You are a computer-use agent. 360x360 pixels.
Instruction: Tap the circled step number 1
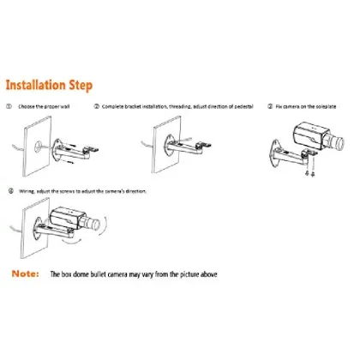9,108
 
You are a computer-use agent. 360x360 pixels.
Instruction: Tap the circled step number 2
97,108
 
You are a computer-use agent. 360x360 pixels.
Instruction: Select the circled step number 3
270,108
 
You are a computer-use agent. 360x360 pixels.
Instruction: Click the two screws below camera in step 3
310,171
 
